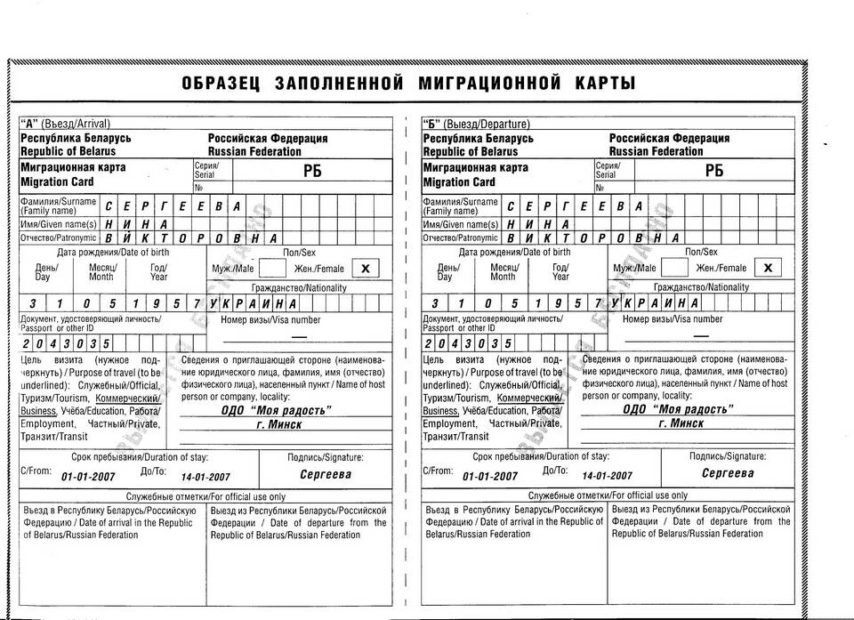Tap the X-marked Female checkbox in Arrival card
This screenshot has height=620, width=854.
pyautogui.click(x=365, y=268)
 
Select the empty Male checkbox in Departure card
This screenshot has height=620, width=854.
pyautogui.click(x=673, y=267)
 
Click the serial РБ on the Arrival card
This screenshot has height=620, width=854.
pyautogui.click(x=312, y=173)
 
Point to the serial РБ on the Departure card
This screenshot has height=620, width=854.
pyautogui.click(x=714, y=173)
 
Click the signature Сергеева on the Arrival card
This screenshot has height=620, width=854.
pyautogui.click(x=326, y=474)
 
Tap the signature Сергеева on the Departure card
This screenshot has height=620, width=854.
pyautogui.click(x=728, y=473)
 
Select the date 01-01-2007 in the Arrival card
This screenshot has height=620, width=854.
pyautogui.click(x=88, y=477)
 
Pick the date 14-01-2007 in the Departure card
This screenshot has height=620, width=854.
pyautogui.click(x=607, y=476)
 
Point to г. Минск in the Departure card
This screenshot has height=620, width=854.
pyautogui.click(x=681, y=423)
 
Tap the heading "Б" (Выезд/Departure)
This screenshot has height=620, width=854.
pyautogui.click(x=476, y=124)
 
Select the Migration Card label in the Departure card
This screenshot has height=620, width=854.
pyautogui.click(x=458, y=182)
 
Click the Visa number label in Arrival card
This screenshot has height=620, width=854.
pyautogui.click(x=270, y=319)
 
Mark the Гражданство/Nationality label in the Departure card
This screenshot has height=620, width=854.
pyautogui.click(x=701, y=287)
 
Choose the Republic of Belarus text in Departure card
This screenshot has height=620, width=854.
pyautogui.click(x=470, y=151)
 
